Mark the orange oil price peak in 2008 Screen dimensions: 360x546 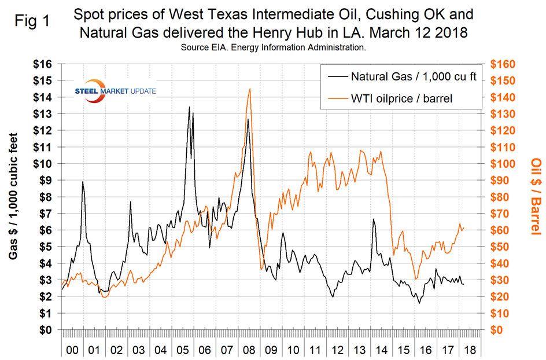pyautogui.click(x=249, y=89)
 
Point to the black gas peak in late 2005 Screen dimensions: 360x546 pyautogui.click(x=189, y=107)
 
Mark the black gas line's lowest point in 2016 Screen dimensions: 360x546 pyautogui.click(x=419, y=303)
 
